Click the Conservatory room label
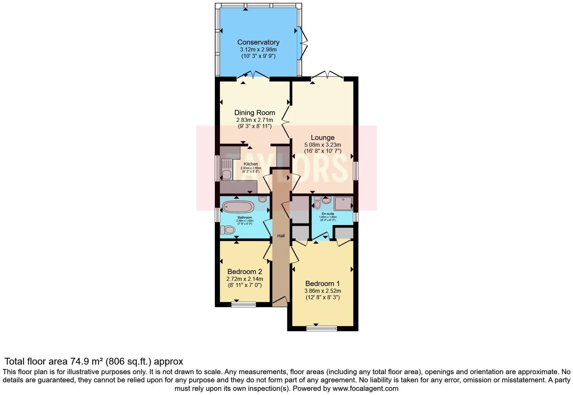pyautogui.click(x=258, y=42)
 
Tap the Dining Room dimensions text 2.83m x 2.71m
pyautogui.click(x=254, y=120)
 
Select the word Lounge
pyautogui.click(x=322, y=138)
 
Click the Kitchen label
pyautogui.click(x=251, y=164)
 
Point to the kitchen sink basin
pyautogui.click(x=226, y=175)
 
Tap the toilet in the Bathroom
pyautogui.click(x=228, y=230)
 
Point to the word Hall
pyautogui.click(x=281, y=236)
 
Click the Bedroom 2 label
pyautogui.click(x=245, y=272)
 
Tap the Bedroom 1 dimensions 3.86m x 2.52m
pyautogui.click(x=322, y=291)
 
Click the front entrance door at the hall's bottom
pyautogui.click(x=280, y=300)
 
